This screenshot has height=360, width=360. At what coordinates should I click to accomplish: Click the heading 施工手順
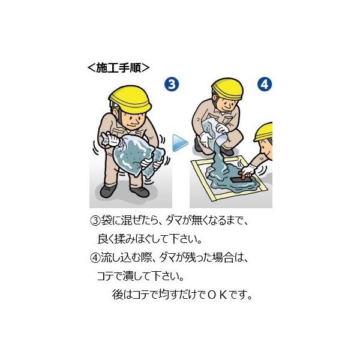tap(118, 68)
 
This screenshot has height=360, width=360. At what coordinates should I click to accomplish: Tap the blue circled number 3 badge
tap(172, 84)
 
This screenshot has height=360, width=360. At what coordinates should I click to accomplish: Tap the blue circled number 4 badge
tap(265, 84)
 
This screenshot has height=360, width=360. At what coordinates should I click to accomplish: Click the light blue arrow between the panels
tap(180, 143)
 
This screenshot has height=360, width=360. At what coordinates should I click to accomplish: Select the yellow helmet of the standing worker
tap(130, 99)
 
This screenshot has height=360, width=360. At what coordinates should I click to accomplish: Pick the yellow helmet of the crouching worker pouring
tap(227, 89)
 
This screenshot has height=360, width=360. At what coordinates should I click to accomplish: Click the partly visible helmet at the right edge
tap(264, 132)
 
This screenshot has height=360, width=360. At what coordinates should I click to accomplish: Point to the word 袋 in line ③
tap(106, 221)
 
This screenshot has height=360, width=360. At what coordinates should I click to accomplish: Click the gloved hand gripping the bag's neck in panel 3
tap(112, 139)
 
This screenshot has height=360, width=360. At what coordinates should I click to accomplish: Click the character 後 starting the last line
tap(118, 295)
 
